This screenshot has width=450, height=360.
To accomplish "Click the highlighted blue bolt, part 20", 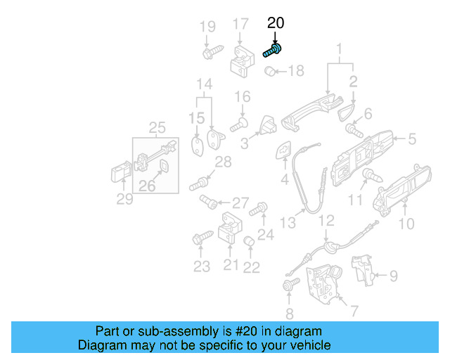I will pos(273,50).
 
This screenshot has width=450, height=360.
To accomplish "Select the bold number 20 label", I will pos(276,23).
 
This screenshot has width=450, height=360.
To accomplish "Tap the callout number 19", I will pos(207,27).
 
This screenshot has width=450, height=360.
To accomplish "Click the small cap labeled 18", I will pos(269,70).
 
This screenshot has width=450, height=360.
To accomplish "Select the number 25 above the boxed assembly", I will pos(157,127).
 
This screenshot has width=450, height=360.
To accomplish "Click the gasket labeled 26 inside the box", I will pos(163,166).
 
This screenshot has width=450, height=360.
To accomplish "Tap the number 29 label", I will pos(124,200).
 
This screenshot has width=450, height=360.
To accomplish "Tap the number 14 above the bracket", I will pos(203,86).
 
